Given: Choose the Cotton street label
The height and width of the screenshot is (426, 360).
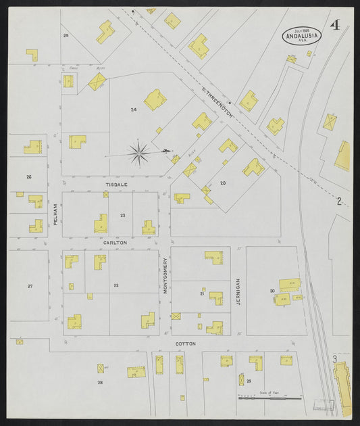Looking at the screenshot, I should (185, 344).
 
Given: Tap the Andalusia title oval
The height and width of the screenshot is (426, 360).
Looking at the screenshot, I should (301, 36).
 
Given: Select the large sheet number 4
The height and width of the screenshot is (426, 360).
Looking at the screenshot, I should (334, 26).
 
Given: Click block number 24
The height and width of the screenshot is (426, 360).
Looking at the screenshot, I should (134, 109).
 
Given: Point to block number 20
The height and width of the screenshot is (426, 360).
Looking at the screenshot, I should (222, 183).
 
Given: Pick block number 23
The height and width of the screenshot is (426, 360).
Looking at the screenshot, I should (122, 215).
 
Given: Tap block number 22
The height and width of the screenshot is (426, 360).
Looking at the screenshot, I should (116, 285).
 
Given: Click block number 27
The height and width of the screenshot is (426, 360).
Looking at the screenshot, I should (30, 286).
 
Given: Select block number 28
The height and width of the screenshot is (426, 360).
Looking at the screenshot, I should (100, 383).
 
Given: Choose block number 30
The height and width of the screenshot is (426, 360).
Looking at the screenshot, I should (272, 291).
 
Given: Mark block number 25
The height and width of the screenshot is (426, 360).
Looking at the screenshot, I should (66, 34).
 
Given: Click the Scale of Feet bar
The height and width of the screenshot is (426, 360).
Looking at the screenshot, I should (269, 398).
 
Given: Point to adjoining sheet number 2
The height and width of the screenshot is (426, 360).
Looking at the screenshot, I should (340, 201).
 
